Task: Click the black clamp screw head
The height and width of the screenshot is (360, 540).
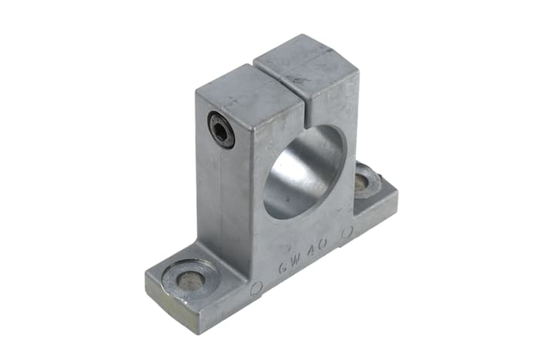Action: click(x=221, y=130)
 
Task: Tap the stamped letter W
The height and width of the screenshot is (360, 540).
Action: click(x=300, y=257)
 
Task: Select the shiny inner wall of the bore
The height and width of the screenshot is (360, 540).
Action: click(x=316, y=158)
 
